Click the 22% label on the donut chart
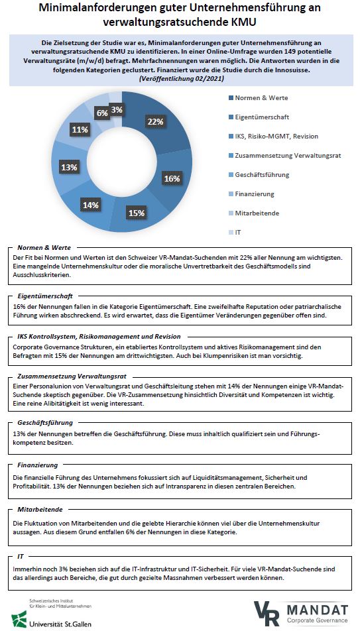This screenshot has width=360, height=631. pyautogui.click(x=155, y=121)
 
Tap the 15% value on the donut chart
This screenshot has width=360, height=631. pyautogui.click(x=137, y=213)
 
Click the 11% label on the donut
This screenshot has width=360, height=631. pyautogui.click(x=81, y=129)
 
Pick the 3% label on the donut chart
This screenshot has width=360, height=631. pyautogui.click(x=116, y=109)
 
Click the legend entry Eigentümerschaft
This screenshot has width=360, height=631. pyautogui.click(x=257, y=117)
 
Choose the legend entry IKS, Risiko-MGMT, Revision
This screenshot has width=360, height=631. pyautogui.click(x=276, y=136)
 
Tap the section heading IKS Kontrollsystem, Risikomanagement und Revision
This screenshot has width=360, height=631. pyautogui.click(x=99, y=336)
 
